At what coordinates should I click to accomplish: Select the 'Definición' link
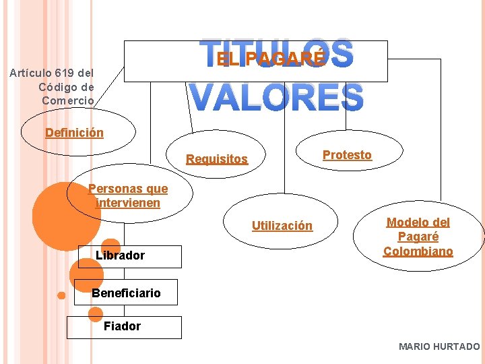pyautogui.click(x=74, y=133)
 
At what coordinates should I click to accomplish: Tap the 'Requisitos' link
pyautogui.click(x=217, y=160)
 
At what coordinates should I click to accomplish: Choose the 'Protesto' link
pyautogui.click(x=347, y=155)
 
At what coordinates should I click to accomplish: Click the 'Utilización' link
pyautogui.click(x=282, y=226)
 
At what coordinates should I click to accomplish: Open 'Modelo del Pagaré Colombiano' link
pyautogui.click(x=418, y=237)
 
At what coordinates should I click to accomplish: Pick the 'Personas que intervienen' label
pyautogui.click(x=128, y=196)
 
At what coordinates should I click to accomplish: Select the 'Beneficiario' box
pyautogui.click(x=126, y=293)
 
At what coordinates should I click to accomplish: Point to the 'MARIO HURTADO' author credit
pyautogui.click(x=439, y=346)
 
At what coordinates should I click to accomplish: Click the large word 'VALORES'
pyautogui.click(x=276, y=98)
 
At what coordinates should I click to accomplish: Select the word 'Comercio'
pyautogui.click(x=68, y=100)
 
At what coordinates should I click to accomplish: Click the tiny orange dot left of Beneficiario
pyautogui.click(x=61, y=295)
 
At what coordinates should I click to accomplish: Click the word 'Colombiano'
pyautogui.click(x=418, y=251)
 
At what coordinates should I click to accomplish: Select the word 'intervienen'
pyautogui.click(x=129, y=203)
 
